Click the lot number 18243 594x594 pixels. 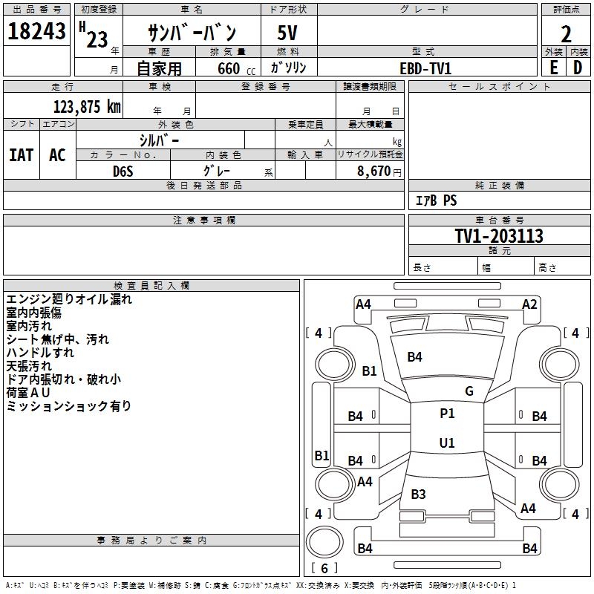pyautogui.click(x=36, y=32)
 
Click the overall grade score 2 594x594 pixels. pyautogui.click(x=566, y=34)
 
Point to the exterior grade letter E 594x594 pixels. pyautogui.click(x=553, y=67)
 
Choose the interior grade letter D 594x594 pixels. pyautogui.click(x=578, y=67)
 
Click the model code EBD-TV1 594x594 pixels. pyautogui.click(x=425, y=68)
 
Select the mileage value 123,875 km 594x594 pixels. pyautogui.click(x=87, y=107)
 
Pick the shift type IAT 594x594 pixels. pyautogui.click(x=21, y=155)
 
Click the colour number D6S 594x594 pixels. pyautogui.click(x=123, y=172)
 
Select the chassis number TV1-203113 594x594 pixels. pyautogui.click(x=499, y=236)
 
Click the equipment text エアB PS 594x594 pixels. pyautogui.click(x=436, y=200)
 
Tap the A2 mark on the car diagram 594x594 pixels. pyautogui.click(x=529, y=304)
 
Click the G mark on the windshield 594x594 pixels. pyautogui.click(x=469, y=391)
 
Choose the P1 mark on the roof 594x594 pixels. pyautogui.click(x=447, y=414)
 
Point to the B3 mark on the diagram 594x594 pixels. pyautogui.click(x=418, y=494)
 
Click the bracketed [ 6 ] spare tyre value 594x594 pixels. pyautogui.click(x=324, y=568)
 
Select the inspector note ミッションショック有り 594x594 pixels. pyautogui.click(x=69, y=406)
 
